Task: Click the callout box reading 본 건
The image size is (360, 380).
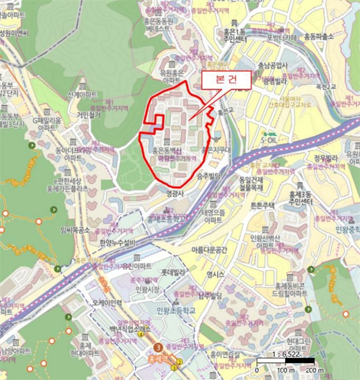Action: tap(226, 79)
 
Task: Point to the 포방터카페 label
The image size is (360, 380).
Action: tap(282, 37)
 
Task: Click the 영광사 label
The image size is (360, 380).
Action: tap(176, 192)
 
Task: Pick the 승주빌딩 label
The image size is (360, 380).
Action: tap(208, 176)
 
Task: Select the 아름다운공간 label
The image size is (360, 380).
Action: tap(209, 250)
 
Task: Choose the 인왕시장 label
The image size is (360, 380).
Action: tap(148, 289)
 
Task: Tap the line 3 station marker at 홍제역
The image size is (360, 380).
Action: tap(158, 346)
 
